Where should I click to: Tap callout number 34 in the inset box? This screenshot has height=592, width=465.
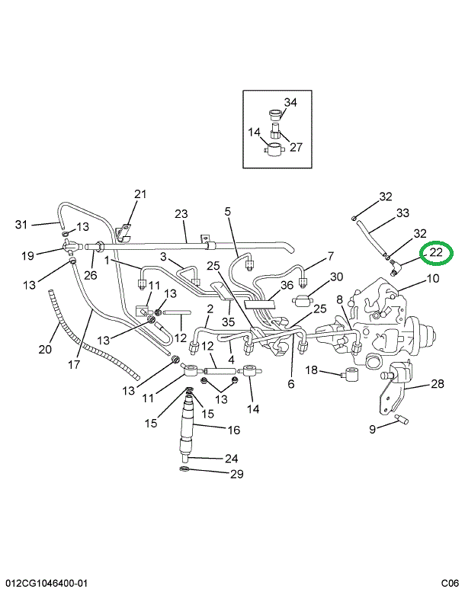(290, 103)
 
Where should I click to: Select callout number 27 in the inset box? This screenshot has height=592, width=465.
(296, 147)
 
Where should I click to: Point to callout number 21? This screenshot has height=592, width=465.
(140, 194)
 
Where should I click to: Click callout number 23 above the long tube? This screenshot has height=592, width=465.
(181, 214)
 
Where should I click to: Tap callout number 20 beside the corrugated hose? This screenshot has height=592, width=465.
(45, 349)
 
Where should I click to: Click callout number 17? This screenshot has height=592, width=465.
(74, 364)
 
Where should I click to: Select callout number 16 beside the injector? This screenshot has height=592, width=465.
(233, 430)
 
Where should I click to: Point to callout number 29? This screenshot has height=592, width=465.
(236, 475)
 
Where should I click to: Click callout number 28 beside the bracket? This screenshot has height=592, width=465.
(437, 383)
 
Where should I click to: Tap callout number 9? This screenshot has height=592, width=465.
(373, 429)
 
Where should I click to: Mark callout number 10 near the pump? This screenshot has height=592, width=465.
(432, 279)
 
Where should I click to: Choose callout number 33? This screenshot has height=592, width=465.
(402, 213)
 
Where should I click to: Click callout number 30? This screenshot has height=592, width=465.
(336, 277)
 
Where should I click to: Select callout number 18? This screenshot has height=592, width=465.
(312, 370)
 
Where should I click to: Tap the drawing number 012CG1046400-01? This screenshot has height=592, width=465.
(45, 583)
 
